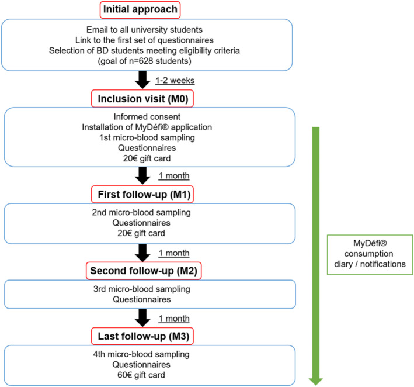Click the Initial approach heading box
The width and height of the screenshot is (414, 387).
click(140, 10)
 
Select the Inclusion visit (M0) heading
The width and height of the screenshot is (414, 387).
click(142, 99)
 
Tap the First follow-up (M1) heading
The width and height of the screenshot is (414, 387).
click(142, 195)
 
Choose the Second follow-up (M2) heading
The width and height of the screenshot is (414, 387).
click(144, 271)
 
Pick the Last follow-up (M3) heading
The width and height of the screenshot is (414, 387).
click(142, 336)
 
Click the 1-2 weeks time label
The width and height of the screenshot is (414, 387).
click(175, 80)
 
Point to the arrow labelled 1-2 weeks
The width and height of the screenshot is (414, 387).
click(142, 80)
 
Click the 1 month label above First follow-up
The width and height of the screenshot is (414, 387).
click(174, 176)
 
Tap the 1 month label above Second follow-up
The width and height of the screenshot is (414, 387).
click(174, 253)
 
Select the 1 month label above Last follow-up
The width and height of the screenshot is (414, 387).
click(174, 319)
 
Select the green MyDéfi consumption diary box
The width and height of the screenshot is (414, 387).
click(370, 254)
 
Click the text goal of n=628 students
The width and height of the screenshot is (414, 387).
click(144, 61)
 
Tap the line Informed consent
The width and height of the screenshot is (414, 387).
click(147, 116)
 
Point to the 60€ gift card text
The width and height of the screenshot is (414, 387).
click(141, 375)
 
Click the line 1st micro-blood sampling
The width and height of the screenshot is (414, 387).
click(147, 137)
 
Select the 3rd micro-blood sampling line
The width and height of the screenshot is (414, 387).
click(142, 289)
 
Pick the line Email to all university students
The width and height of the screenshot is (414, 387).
click(144, 30)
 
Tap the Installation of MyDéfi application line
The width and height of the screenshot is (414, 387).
click(147, 127)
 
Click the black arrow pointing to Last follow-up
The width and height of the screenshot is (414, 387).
click(142, 318)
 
